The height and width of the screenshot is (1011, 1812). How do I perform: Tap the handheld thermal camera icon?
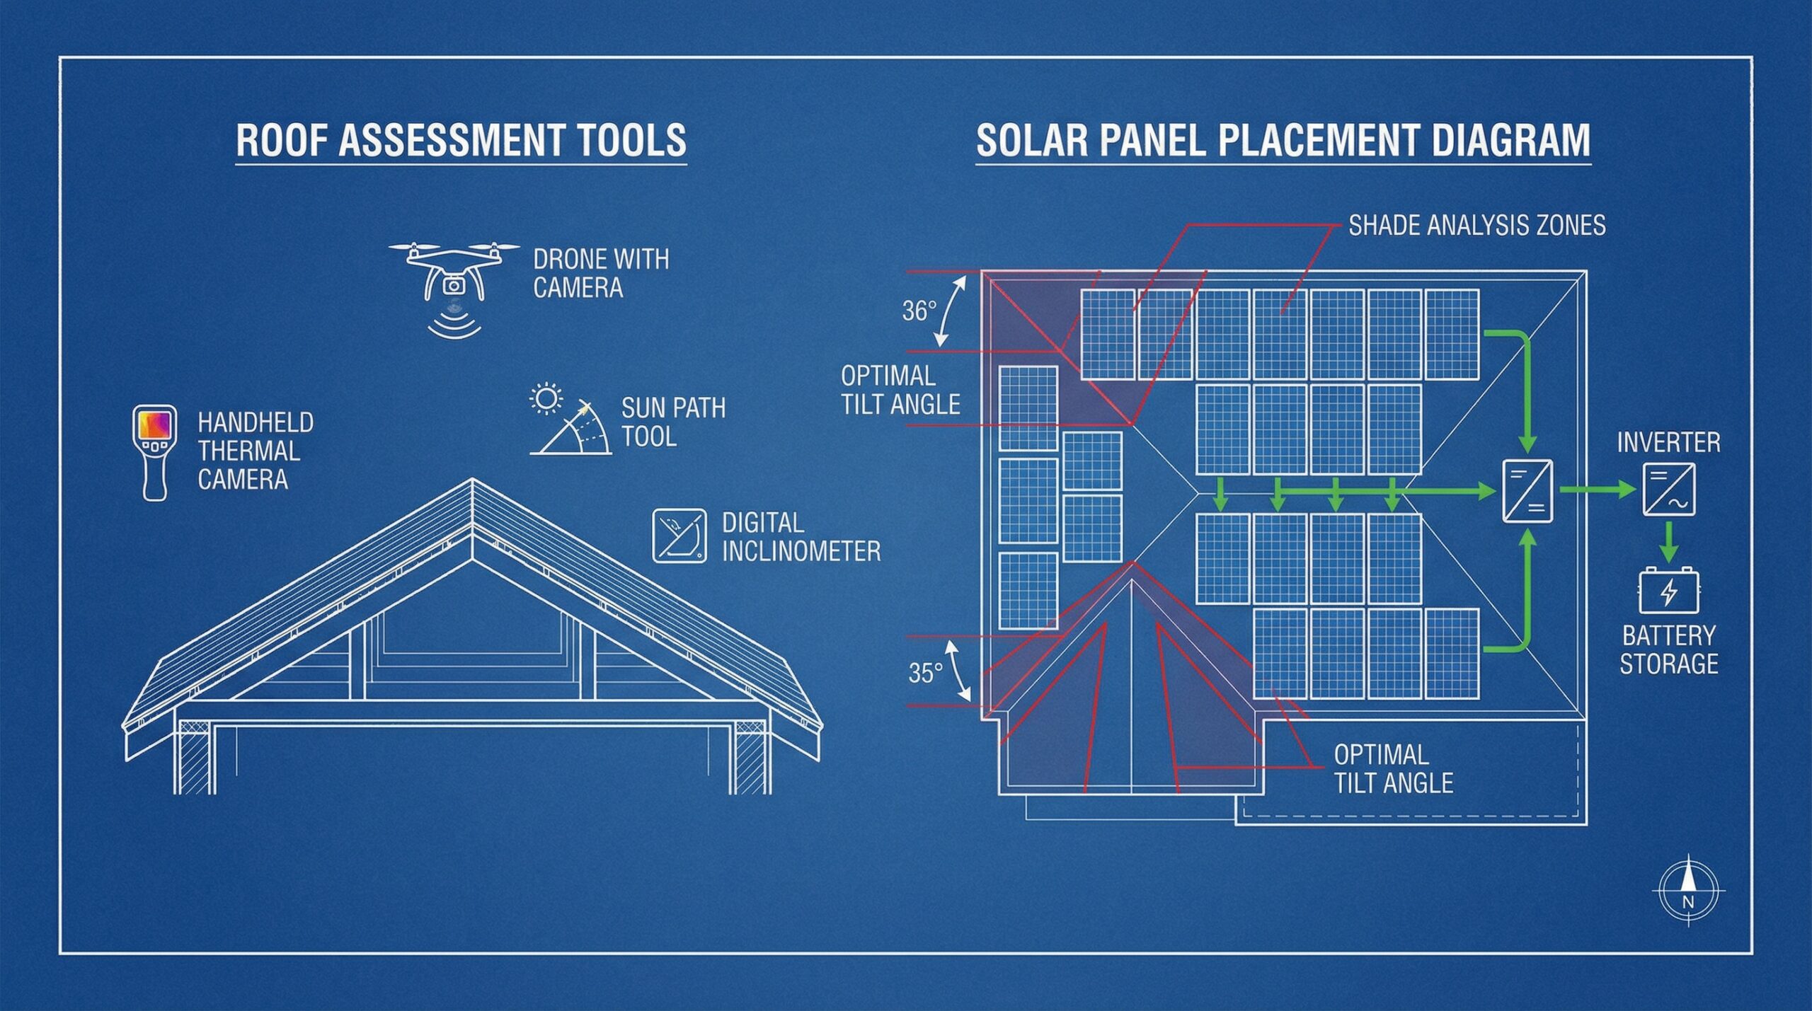point(155,452)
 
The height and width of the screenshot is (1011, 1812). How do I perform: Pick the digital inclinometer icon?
point(679,536)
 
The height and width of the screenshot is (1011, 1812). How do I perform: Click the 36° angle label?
point(919,311)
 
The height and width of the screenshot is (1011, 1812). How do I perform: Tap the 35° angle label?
point(925,673)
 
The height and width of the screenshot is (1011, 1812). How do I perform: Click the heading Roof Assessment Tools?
point(461,140)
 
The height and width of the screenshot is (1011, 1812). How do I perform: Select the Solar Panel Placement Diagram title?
point(1283,140)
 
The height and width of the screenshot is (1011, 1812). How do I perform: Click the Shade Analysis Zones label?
point(1476,225)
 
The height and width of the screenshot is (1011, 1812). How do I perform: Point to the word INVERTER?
point(1668,443)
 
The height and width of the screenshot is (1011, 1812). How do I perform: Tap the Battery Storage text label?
point(1669,649)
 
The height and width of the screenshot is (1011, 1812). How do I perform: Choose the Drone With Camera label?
point(600,273)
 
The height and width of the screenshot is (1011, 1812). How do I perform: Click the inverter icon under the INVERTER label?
point(1668,489)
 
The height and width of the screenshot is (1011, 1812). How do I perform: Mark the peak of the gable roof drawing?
point(472,480)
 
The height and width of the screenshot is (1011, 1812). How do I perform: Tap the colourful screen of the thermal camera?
point(155,424)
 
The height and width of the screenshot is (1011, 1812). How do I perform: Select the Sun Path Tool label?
point(672,422)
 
